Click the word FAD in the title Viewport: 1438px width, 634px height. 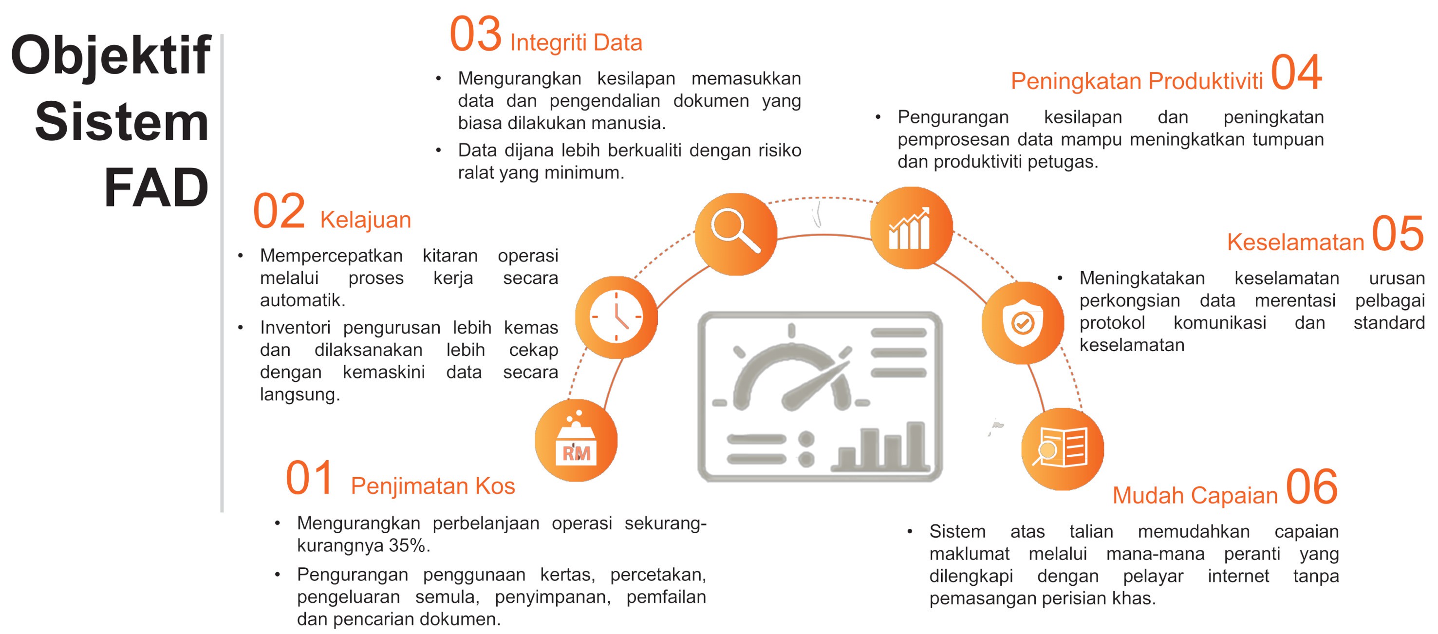pyautogui.click(x=156, y=187)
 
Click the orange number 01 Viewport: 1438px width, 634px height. pyautogui.click(x=309, y=478)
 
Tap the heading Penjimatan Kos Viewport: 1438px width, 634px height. pyautogui.click(x=432, y=486)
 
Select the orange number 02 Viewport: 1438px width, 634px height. pyautogui.click(x=279, y=211)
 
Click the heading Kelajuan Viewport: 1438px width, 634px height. pyautogui.click(x=366, y=220)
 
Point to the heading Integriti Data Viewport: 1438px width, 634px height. pyautogui.click(x=576, y=43)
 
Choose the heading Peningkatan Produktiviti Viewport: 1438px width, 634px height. pyautogui.click(x=1137, y=81)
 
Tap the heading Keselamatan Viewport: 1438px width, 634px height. pyautogui.click(x=1296, y=242)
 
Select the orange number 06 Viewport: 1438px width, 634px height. pyautogui.click(x=1312, y=486)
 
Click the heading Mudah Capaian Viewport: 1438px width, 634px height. pyautogui.click(x=1195, y=496)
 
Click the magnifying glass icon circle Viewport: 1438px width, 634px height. pyautogui.click(x=736, y=234)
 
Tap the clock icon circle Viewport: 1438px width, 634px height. pyautogui.click(x=616, y=317)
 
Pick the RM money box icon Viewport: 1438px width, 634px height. pyautogui.click(x=576, y=440)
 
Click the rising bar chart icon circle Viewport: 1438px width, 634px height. pyautogui.click(x=911, y=228)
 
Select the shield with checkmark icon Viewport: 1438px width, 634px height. pyautogui.click(x=1023, y=322)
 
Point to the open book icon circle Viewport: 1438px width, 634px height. pyautogui.click(x=1063, y=448)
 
